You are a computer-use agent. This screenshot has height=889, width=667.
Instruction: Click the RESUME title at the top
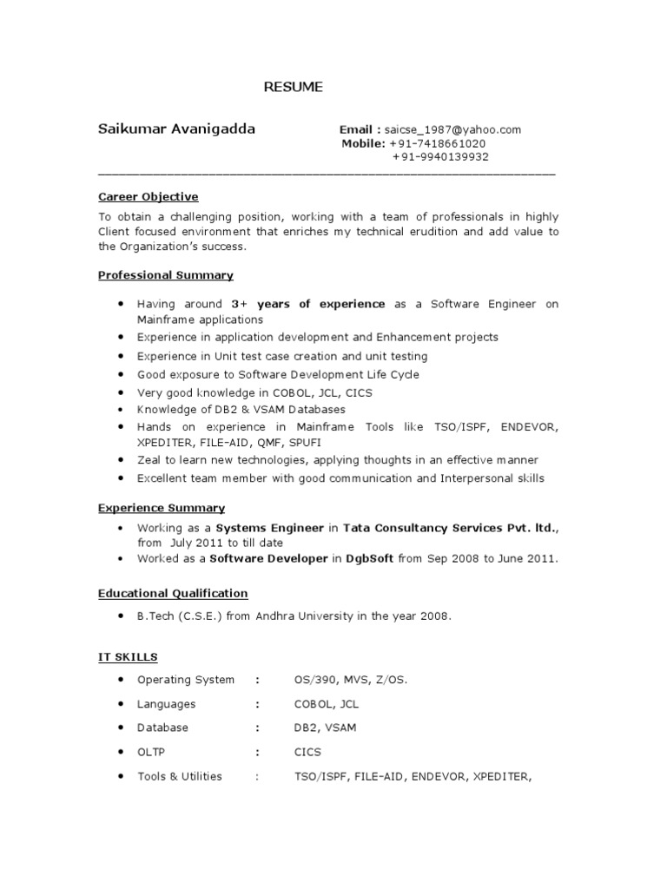click(294, 87)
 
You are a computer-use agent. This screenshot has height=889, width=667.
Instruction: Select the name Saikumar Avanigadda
click(177, 129)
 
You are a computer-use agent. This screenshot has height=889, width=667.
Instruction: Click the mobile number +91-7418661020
click(438, 143)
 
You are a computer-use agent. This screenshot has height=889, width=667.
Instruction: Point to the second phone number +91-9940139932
click(440, 157)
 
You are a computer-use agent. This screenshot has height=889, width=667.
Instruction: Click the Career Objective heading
click(148, 197)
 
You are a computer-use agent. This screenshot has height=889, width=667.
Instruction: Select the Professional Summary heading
click(165, 275)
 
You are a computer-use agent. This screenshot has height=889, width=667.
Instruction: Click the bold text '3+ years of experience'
click(308, 304)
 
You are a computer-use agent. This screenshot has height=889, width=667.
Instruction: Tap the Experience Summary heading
click(161, 508)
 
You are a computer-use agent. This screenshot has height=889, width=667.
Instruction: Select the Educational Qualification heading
click(173, 593)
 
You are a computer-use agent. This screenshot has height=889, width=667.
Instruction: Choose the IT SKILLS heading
click(128, 657)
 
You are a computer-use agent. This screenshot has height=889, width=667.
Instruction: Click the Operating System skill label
click(186, 680)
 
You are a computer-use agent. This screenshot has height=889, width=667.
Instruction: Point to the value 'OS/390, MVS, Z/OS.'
click(351, 680)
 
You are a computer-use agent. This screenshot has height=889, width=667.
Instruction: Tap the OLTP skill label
click(151, 752)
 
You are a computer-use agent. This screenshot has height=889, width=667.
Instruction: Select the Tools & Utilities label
click(180, 776)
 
